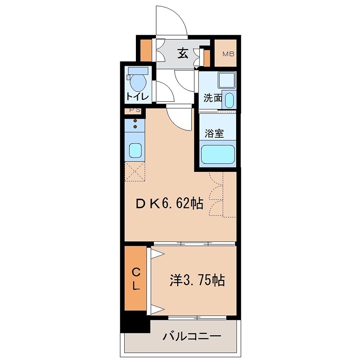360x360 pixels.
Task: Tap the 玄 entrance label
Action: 182,54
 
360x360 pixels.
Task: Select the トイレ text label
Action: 137,96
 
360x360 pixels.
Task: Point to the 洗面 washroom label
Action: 212,98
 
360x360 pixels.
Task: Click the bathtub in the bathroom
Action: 218,154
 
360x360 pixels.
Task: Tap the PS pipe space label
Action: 135,110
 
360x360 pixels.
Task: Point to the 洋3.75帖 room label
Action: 197,280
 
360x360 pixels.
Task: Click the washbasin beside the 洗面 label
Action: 229,99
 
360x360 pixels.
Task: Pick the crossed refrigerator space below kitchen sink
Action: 135,171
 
